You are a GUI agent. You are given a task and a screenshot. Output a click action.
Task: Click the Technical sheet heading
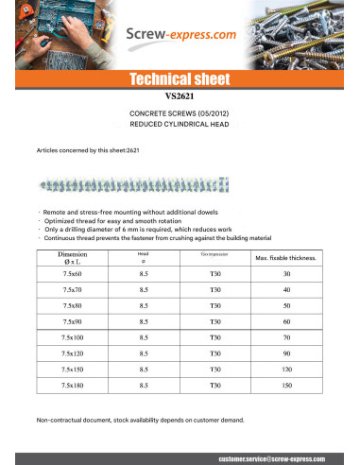point(180,78)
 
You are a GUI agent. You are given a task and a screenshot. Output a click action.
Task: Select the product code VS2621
point(180,95)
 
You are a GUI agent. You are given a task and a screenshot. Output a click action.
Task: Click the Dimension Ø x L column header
point(72,258)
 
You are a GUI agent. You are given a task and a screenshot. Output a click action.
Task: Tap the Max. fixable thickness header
point(285,258)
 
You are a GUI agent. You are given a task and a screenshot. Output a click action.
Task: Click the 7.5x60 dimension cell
point(72,274)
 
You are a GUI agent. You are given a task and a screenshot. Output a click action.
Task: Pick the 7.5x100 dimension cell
point(72,337)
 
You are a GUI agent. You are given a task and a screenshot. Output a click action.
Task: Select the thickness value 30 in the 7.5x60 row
point(285,274)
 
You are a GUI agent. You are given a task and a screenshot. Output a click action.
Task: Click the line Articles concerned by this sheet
point(88,150)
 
